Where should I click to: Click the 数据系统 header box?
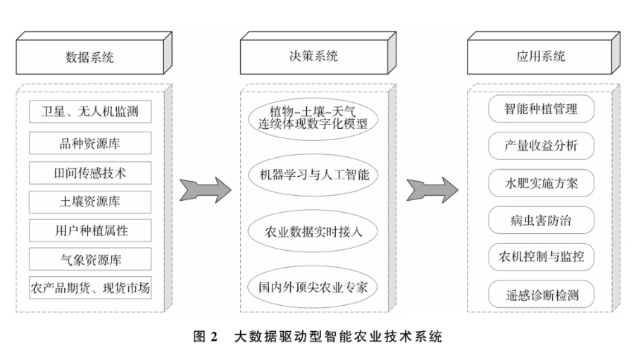(x=89, y=56)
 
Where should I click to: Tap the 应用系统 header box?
(x=540, y=56)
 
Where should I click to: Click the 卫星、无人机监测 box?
(x=89, y=112)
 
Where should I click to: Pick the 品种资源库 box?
(x=89, y=143)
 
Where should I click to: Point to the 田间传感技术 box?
(x=89, y=172)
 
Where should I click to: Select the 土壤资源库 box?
(x=89, y=201)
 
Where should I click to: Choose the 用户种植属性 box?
(x=89, y=230)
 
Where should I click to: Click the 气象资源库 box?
(x=89, y=259)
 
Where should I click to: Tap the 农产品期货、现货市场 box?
(x=89, y=288)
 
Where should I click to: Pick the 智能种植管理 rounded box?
(x=540, y=110)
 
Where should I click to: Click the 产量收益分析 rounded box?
(x=540, y=146)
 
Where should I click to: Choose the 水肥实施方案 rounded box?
(x=540, y=183)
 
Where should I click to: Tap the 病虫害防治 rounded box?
(x=540, y=220)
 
